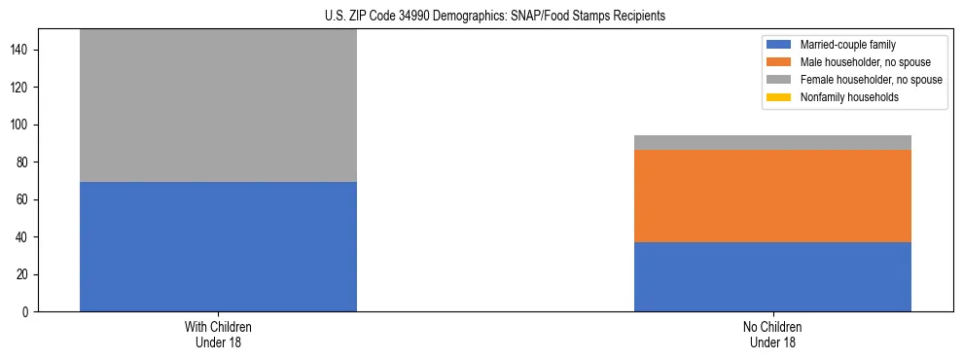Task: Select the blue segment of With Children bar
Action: [x=218, y=246]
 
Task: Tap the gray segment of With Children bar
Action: [x=218, y=105]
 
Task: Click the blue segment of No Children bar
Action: [x=772, y=276]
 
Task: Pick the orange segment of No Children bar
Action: [x=772, y=196]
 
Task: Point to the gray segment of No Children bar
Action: [x=772, y=142]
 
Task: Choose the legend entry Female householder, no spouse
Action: [x=871, y=80]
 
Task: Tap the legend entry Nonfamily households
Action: [x=849, y=97]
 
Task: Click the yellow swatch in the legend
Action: [x=779, y=97]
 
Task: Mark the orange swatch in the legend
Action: [x=779, y=62]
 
